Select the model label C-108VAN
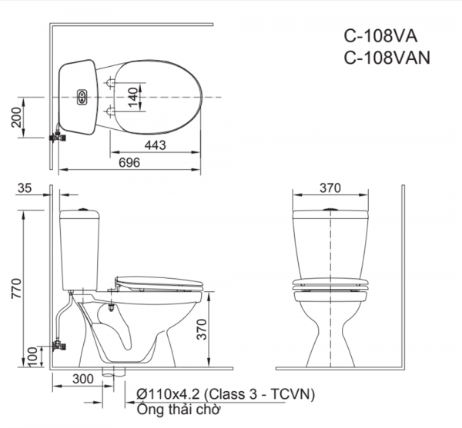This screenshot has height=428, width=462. click(387, 56)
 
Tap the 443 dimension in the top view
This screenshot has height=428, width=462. click(155, 145)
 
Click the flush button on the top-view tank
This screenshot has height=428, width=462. click(82, 98)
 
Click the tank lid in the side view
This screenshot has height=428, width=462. click(81, 211)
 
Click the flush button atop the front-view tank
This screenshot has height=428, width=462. click(330, 208)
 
